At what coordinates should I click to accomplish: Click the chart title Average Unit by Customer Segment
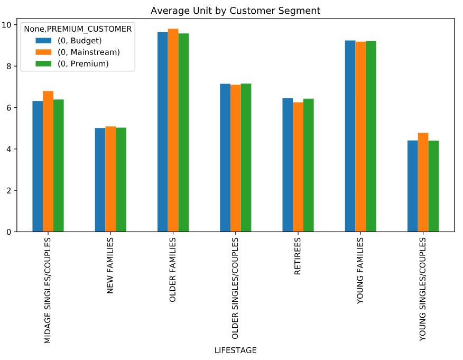235,11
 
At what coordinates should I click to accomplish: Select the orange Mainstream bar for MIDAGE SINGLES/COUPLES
48,161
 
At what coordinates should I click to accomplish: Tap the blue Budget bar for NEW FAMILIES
100,180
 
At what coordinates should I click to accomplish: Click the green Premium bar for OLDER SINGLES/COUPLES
246,158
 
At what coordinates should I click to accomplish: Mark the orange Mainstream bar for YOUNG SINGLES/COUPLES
423,182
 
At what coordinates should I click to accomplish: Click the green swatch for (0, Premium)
43,63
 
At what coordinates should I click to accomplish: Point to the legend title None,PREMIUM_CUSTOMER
77,30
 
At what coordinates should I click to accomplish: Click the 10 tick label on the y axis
8,25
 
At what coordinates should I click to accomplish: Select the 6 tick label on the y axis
10,108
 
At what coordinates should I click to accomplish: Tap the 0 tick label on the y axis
10,232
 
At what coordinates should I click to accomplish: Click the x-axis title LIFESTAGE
235,350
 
